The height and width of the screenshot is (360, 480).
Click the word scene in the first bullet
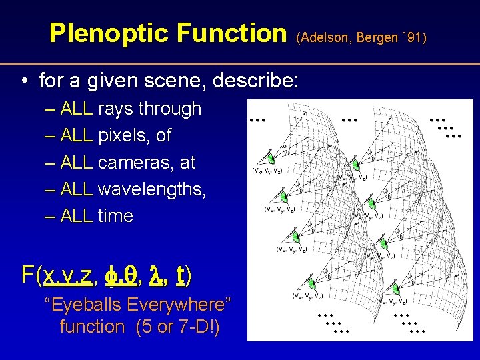click(x=182, y=81)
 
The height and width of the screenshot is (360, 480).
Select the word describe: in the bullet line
click(x=256, y=81)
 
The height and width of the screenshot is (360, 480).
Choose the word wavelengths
click(x=151, y=189)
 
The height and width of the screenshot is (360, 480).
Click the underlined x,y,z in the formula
click(x=69, y=274)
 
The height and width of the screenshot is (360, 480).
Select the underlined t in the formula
click(x=180, y=274)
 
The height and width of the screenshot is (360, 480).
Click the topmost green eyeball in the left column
click(x=271, y=159)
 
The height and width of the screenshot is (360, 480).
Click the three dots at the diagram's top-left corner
click(x=257, y=120)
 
